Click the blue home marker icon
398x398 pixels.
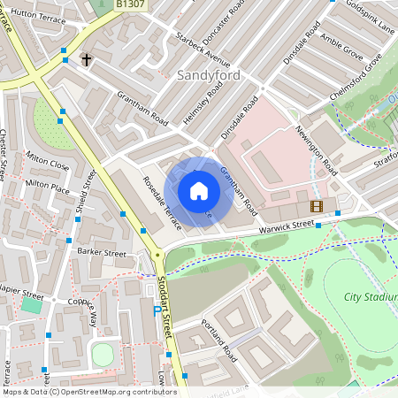pyautogui.click(x=199, y=191)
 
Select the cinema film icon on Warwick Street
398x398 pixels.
pyautogui.click(x=317, y=206)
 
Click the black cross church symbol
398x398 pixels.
pyautogui.click(x=87, y=60)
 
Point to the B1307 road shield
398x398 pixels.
pyautogui.click(x=132, y=4)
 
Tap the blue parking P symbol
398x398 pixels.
pyautogui.click(x=157, y=310)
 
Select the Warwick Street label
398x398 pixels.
pyautogui.click(x=287, y=226)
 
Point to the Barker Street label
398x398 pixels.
pyautogui.click(x=102, y=252)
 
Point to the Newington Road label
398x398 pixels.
pyautogui.click(x=316, y=149)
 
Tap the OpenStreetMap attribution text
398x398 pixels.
pyautogui.click(x=89, y=392)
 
